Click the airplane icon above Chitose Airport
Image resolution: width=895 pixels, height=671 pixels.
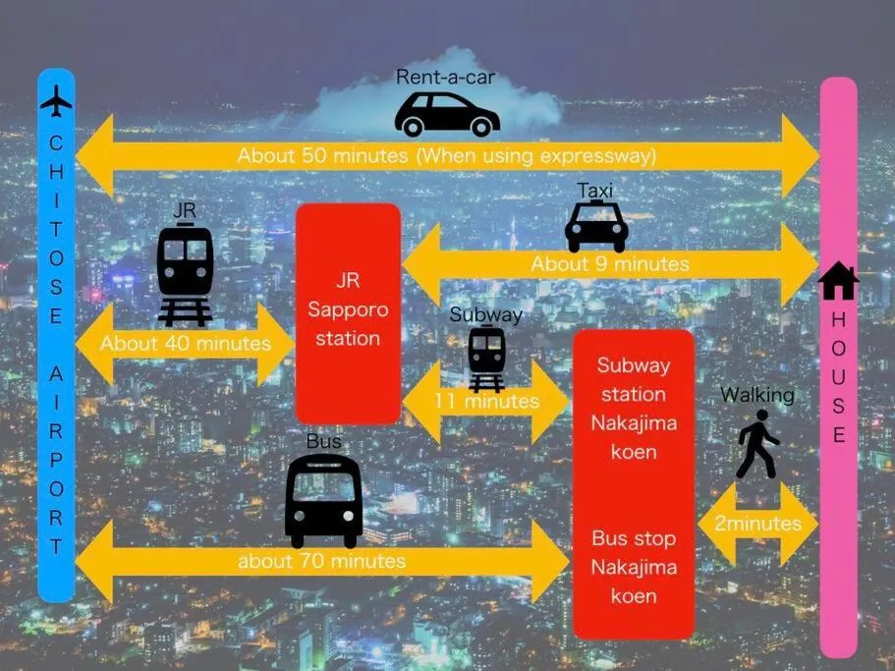click(56, 100)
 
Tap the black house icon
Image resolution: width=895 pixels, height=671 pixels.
click(838, 281)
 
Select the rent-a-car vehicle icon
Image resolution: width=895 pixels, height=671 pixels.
click(447, 115)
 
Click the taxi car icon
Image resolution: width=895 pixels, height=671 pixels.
click(596, 227)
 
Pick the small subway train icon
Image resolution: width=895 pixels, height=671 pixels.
click(486, 359)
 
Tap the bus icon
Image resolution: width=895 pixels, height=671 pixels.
click(323, 500)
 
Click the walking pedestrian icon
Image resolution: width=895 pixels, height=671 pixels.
click(756, 444)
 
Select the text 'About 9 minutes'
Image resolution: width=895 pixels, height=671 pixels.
click(610, 264)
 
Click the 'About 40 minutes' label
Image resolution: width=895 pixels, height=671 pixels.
click(185, 344)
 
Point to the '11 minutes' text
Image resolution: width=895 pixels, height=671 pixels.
click(486, 401)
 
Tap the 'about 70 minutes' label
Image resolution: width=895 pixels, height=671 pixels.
click(321, 561)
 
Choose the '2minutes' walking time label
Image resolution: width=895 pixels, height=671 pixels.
click(757, 524)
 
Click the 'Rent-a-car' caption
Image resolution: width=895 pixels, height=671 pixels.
click(445, 77)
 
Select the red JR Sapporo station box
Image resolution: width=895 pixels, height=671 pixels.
click(349, 312)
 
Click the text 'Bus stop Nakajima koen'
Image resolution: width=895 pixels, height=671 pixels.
click(634, 567)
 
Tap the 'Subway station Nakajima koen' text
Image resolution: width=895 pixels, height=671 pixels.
click(634, 409)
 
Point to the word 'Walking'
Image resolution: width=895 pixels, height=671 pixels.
click(757, 395)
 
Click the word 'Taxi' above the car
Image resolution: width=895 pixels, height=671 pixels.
click(596, 190)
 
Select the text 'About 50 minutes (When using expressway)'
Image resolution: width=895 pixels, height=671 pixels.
click(447, 155)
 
